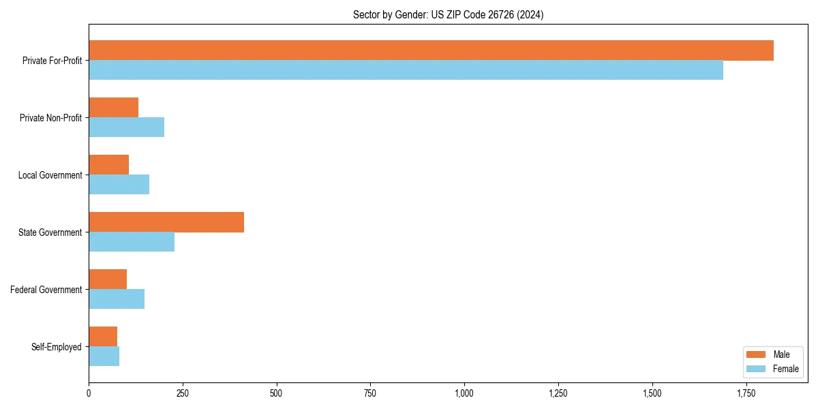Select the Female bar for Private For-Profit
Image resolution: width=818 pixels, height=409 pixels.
click(406, 70)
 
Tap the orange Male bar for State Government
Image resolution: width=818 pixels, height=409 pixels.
click(166, 222)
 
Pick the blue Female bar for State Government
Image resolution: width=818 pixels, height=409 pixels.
click(132, 242)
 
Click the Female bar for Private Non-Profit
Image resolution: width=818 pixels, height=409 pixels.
click(126, 127)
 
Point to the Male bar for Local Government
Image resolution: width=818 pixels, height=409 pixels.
click(108, 165)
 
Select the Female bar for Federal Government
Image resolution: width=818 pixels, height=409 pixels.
click(117, 299)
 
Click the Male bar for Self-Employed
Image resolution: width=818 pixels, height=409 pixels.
click(103, 337)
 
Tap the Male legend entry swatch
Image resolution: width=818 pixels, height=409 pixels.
click(757, 354)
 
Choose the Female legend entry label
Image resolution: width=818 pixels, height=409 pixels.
click(785, 369)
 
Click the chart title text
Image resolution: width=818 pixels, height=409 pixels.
click(448, 14)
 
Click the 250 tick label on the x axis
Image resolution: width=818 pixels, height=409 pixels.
click(183, 393)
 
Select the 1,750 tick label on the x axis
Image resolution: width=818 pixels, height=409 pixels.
click(746, 393)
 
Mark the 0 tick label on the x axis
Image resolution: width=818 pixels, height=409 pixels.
click(89, 393)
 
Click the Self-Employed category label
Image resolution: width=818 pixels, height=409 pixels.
click(57, 347)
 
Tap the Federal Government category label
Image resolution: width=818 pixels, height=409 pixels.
click(46, 290)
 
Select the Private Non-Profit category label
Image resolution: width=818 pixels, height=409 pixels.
click(50, 118)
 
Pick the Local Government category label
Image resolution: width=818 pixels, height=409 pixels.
click(50, 175)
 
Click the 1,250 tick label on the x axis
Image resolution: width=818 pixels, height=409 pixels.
click(558, 393)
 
